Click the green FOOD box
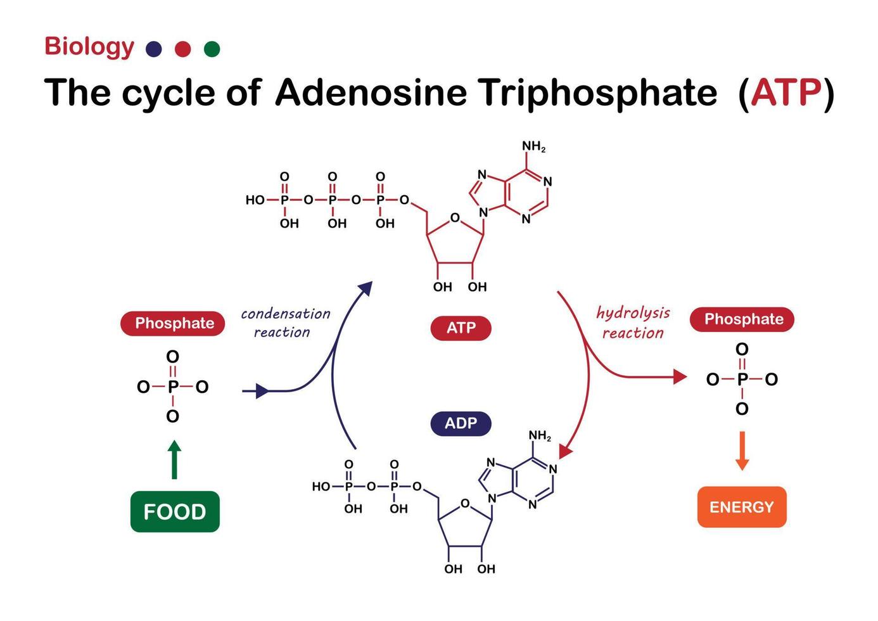pos(175,511)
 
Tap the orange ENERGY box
pos(741,507)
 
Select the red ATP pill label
pos(461,328)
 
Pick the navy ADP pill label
pos(461,423)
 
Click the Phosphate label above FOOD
pos(174,323)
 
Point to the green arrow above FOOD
pos(175,459)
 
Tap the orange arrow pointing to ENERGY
pos(742,451)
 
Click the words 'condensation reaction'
pos(284,323)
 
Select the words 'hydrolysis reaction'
pos(633,323)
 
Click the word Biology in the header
pos(89,46)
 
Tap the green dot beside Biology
pos(212,49)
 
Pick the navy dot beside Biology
pos(153,49)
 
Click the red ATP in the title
pos(786,93)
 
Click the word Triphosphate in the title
pos(597,93)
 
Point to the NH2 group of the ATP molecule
pos(533,146)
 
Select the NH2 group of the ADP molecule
pos(540,436)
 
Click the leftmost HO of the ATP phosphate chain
pos(255,200)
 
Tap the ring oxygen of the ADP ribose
pos(465,504)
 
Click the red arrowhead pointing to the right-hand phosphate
pos(680,377)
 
